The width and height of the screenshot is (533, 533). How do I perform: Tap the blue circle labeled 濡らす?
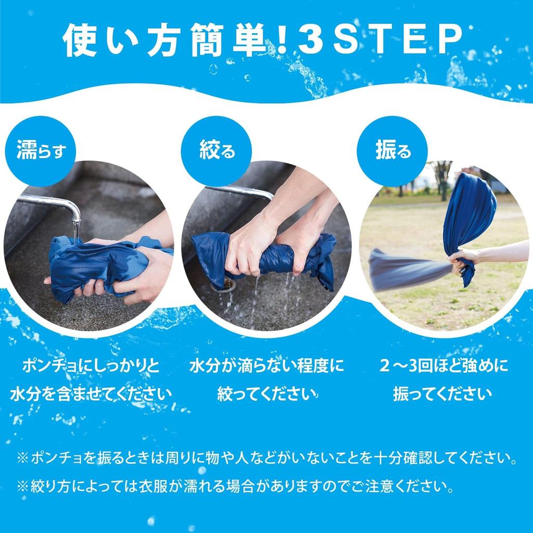click(40, 151)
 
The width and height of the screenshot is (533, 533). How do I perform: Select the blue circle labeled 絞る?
click(216, 151)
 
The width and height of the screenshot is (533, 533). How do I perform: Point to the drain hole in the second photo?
click(227, 284)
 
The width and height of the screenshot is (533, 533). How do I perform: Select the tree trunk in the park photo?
click(443, 182)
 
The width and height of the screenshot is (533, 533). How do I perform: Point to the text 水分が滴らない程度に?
click(266, 366)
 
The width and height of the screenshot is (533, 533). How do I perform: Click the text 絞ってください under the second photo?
click(266, 394)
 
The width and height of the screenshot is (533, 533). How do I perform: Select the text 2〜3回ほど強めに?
click(442, 366)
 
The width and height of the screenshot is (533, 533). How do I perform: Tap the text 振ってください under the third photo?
click(442, 394)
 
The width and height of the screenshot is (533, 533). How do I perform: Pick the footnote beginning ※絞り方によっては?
click(234, 487)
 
